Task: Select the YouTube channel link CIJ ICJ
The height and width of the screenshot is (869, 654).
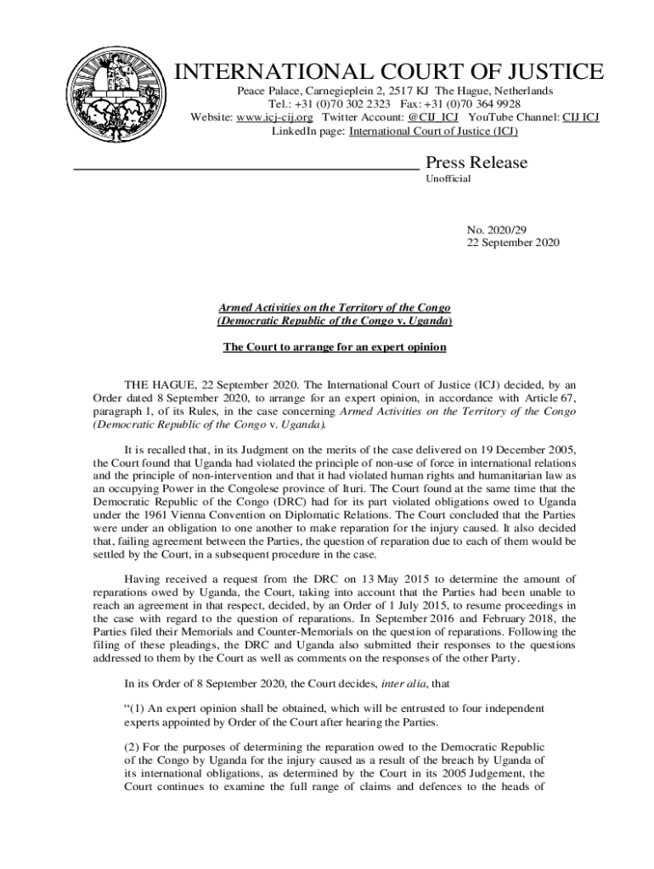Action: [580, 117]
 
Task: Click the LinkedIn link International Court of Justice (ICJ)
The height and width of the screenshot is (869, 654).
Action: [433, 132]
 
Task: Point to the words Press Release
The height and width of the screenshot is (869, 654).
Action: [476, 162]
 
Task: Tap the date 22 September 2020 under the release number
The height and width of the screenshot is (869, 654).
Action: [513, 243]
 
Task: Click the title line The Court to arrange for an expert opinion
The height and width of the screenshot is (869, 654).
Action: [334, 347]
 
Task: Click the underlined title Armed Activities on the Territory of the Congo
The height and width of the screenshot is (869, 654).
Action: [334, 307]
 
